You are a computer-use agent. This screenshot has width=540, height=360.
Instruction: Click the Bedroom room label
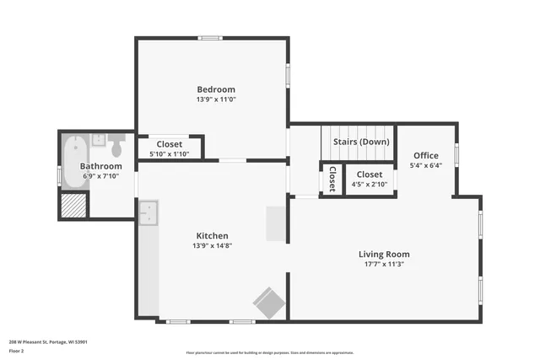pos(216,89)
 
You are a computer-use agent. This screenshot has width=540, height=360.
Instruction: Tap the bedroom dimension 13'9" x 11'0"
pos(216,99)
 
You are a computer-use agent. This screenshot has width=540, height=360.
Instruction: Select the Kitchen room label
pos(213,236)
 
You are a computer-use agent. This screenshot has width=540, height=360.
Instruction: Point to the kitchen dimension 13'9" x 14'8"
pos(213,246)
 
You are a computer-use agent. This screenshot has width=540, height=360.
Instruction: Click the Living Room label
pos(384,254)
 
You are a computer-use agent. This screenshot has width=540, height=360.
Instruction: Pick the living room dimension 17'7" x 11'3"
pos(384,264)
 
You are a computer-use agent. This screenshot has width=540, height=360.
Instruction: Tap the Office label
pos(426,156)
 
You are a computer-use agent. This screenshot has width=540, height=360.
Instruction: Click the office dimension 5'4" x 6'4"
pos(426,166)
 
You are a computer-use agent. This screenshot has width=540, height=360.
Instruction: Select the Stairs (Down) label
pos(360,142)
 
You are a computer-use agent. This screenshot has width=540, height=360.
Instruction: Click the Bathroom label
pos(100,166)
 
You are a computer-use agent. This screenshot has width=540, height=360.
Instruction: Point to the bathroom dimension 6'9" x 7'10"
pos(100,176)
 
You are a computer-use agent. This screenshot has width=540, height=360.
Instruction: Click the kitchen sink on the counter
pos(148,214)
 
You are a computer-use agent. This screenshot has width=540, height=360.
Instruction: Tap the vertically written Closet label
pos(332,179)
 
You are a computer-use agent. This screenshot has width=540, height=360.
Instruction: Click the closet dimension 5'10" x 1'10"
pos(169,153)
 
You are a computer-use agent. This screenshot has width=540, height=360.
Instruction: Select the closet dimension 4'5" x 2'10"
pos(369,184)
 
